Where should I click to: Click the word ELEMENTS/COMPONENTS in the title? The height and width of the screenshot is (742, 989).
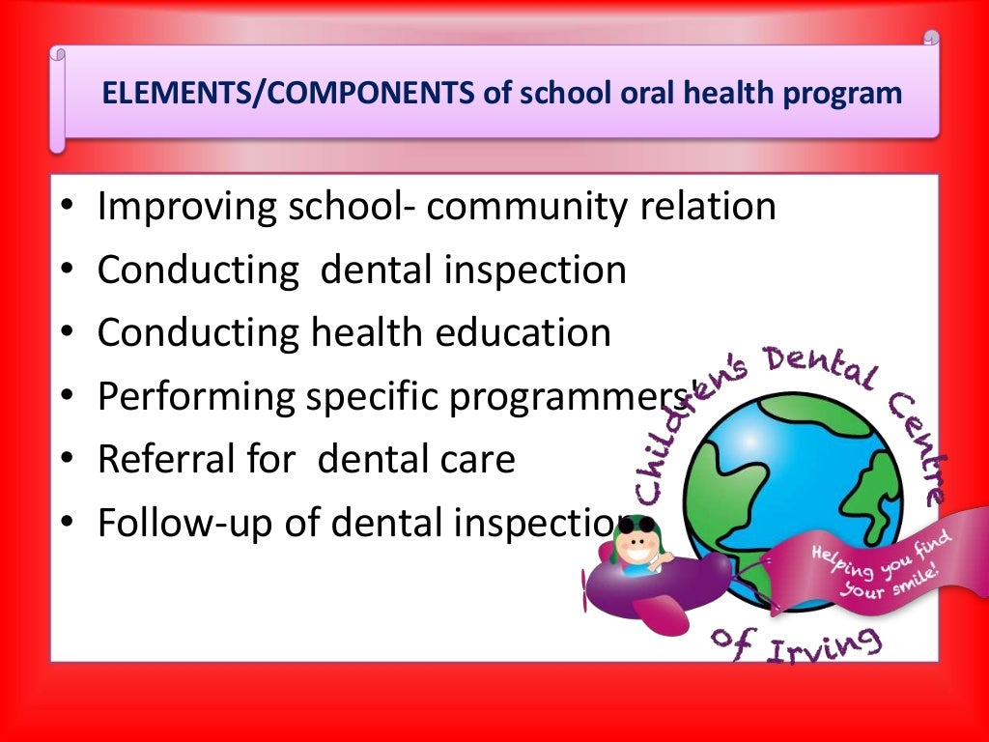tap(288, 95)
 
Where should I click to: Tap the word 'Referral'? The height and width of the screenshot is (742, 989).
tap(165, 459)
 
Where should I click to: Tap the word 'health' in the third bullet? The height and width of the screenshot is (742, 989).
tap(366, 332)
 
